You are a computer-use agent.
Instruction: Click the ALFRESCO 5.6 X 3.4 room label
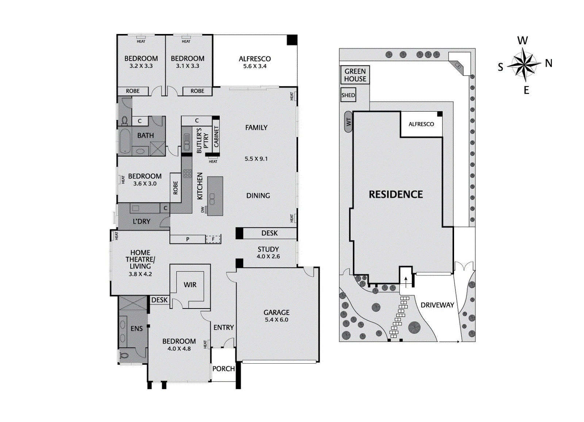tap(254, 62)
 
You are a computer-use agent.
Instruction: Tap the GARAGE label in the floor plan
tap(276, 313)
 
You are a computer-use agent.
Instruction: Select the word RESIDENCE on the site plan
tap(396, 194)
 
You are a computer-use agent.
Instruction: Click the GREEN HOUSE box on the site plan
tap(355, 75)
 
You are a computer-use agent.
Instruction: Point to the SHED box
tap(348, 95)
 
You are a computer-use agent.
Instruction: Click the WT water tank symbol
tap(349, 121)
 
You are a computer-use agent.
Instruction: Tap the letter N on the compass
tap(548, 63)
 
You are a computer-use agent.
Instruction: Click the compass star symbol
tap(524, 65)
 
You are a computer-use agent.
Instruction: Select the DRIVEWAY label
tap(437, 305)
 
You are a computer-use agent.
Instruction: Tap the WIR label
tap(190, 284)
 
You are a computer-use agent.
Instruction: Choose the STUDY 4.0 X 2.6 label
tap(268, 252)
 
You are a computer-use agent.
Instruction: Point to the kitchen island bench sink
tap(212, 199)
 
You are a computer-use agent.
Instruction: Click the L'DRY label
tap(141, 221)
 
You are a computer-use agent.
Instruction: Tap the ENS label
tap(137, 329)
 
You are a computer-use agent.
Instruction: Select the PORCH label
tap(223, 369)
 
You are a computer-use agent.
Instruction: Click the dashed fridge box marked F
tap(213, 239)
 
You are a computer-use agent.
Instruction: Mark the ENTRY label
tap(223, 328)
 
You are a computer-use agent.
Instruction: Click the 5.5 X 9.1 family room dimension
tap(256, 159)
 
